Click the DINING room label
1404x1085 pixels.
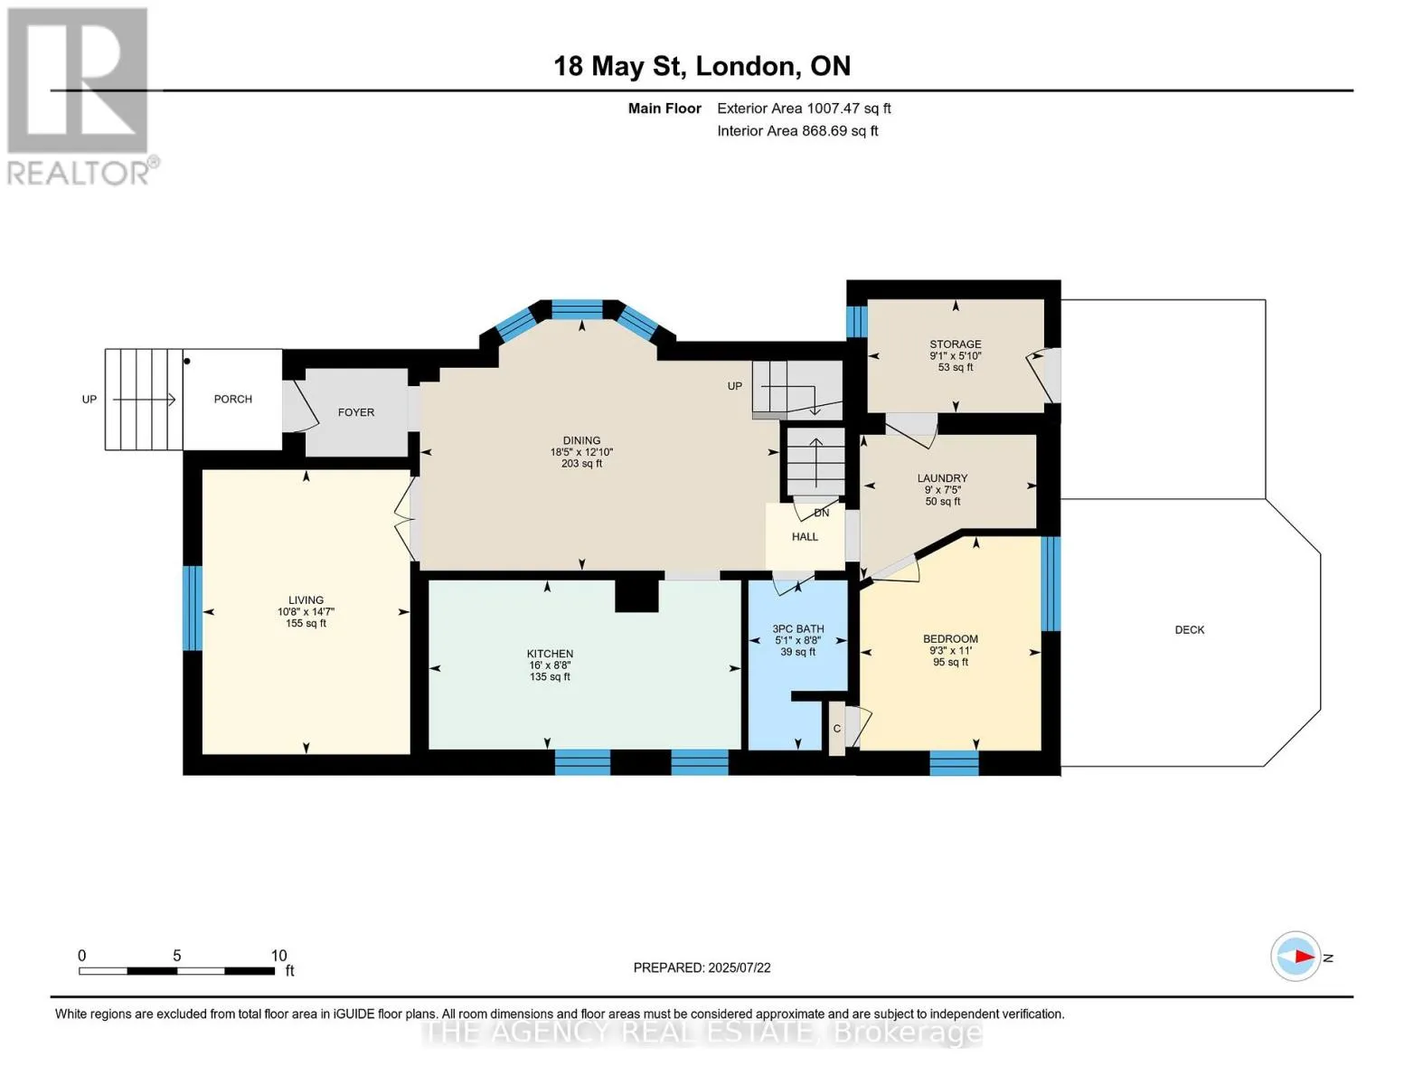[581, 440]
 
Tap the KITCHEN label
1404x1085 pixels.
[550, 654]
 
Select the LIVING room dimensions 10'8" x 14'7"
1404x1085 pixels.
[306, 611]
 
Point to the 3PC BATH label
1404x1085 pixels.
[798, 628]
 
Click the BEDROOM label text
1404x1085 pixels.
[950, 639]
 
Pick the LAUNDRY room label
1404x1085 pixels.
[943, 478]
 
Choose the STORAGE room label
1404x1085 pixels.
[956, 344]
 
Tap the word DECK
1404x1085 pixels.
[1190, 629]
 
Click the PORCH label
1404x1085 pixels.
[232, 400]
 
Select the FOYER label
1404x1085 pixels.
[356, 412]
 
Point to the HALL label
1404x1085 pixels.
[805, 536]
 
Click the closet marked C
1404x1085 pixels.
[837, 729]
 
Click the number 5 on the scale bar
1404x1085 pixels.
[176, 955]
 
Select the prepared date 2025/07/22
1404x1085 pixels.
[740, 967]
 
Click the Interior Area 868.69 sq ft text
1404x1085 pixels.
[797, 130]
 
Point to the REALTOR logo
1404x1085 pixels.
[80, 97]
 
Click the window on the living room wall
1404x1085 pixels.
[193, 609]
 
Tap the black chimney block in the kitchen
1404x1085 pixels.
[636, 595]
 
